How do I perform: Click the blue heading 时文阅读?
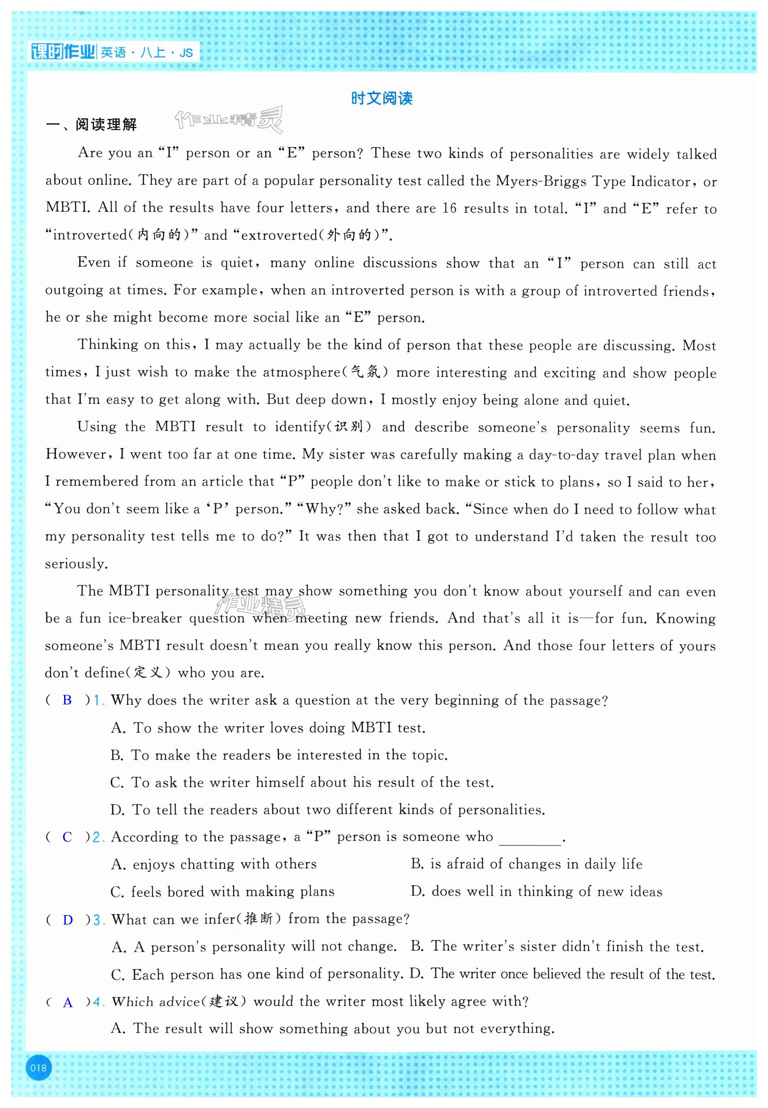click(381, 98)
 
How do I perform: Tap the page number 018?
click(38, 1068)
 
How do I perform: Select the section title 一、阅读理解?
click(91, 125)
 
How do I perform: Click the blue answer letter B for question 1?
click(67, 700)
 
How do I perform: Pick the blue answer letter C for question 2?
click(67, 837)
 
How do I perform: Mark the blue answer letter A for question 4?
click(68, 1003)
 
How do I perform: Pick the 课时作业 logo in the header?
click(63, 51)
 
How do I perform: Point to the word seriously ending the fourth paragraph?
click(76, 564)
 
